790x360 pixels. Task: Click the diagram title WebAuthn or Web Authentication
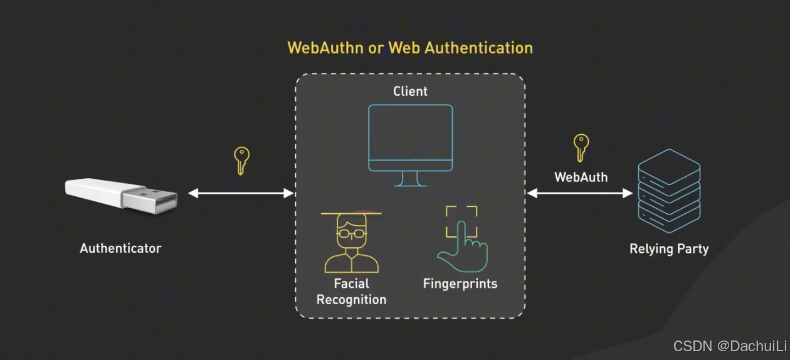point(410,48)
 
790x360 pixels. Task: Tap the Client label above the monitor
point(410,92)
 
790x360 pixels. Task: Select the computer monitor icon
point(410,138)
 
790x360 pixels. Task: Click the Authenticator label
point(120,248)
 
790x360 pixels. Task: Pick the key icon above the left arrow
point(241,161)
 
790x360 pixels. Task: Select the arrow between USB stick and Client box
point(241,193)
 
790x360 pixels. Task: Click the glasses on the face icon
point(351,233)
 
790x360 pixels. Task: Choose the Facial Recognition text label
point(351,292)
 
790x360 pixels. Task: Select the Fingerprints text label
point(460,283)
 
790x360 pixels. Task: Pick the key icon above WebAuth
point(581,148)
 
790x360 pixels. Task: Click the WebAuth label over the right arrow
point(581,177)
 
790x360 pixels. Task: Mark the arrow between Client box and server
point(580,193)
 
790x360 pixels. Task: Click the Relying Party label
point(669,249)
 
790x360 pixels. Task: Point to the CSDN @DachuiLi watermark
point(729,346)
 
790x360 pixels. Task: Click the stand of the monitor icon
point(410,179)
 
